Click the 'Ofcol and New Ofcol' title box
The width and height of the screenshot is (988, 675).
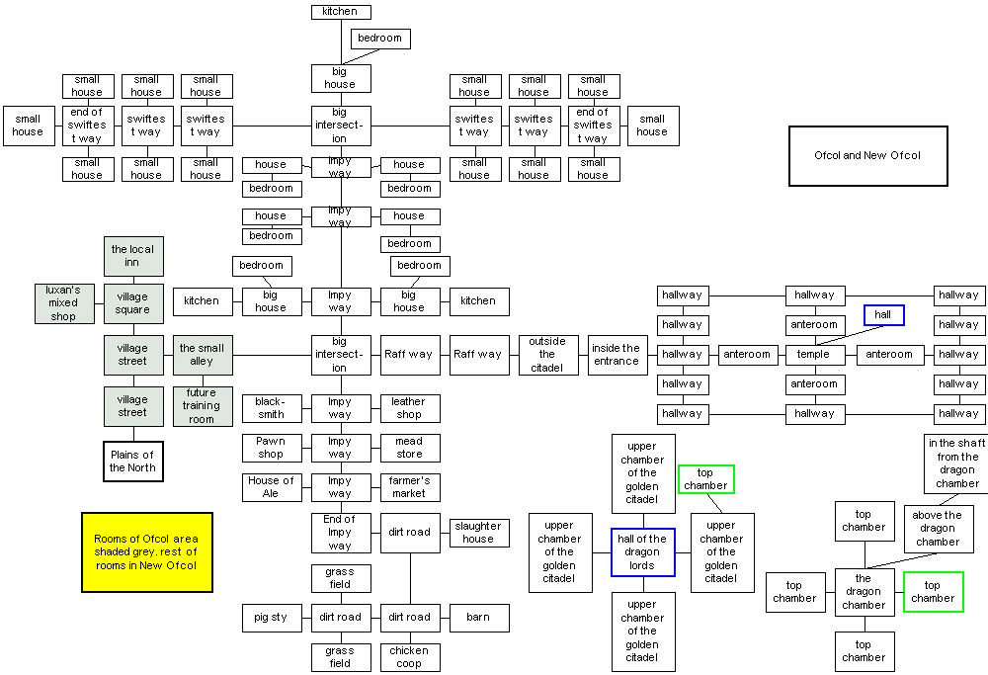tap(867, 155)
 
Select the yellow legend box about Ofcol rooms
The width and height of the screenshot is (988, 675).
tap(146, 551)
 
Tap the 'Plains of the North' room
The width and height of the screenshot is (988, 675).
tap(132, 461)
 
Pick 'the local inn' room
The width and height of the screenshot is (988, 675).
tap(132, 256)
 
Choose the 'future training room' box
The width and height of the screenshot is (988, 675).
tap(202, 406)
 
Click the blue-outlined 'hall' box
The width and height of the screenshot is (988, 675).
tap(883, 314)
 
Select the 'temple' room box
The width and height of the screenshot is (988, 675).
tap(814, 354)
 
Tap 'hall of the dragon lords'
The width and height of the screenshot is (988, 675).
tap(642, 552)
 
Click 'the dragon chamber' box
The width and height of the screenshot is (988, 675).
tap(864, 592)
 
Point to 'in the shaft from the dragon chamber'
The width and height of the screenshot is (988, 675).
tap(957, 464)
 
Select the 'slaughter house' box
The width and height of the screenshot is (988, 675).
tap(478, 533)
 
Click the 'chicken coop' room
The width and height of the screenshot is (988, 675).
tap(409, 657)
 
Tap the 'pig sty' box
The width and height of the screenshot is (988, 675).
tap(271, 618)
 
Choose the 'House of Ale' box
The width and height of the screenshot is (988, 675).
tap(271, 487)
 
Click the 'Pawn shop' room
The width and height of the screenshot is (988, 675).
tap(271, 448)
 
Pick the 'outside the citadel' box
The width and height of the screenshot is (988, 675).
tap(547, 355)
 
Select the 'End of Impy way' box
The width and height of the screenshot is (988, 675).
tap(340, 533)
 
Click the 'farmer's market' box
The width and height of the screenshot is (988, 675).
tap(409, 487)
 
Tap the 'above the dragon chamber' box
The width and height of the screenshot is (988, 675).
tap(938, 529)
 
